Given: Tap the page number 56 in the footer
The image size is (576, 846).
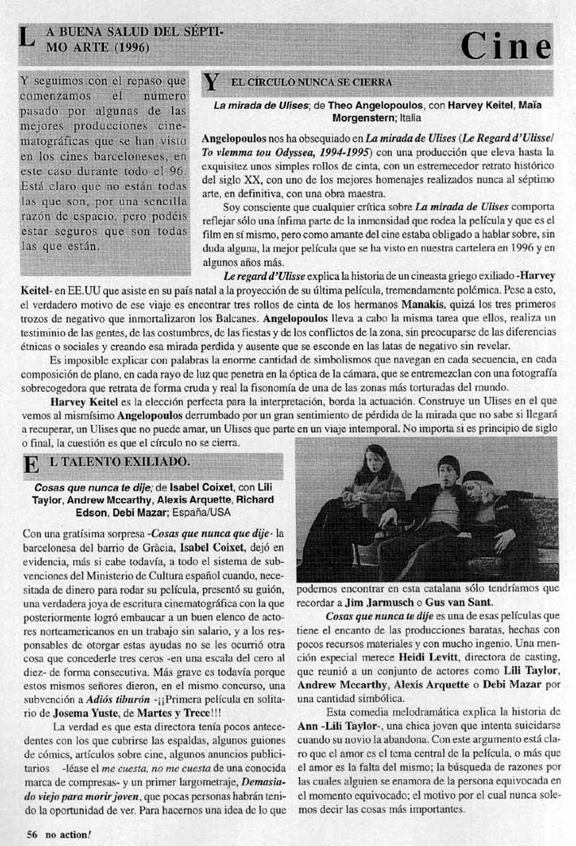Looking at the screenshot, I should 32,833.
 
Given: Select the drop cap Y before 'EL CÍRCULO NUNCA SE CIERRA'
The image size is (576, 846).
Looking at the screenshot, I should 211,82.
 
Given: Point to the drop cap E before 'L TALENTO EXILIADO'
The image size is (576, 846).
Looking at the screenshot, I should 32,464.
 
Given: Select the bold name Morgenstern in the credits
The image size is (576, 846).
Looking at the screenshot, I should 365,117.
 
